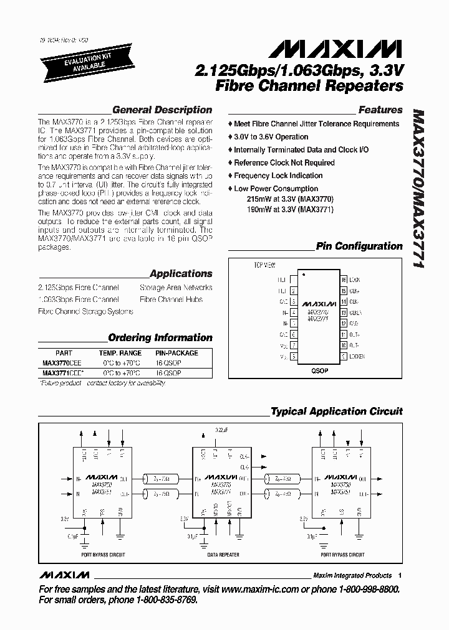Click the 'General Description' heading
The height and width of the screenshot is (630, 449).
[x=162, y=110]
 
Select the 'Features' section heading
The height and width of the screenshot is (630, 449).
[x=380, y=110]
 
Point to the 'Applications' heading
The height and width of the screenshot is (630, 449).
[x=181, y=273]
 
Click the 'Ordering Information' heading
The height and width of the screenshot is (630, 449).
[x=160, y=337]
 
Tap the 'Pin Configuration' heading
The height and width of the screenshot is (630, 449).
[x=359, y=246]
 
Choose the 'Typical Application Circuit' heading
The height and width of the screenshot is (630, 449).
[x=336, y=411]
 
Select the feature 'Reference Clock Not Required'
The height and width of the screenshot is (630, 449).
[x=284, y=162]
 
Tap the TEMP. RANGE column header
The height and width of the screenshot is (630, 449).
[x=120, y=352]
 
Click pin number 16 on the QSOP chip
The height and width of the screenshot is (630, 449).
[x=343, y=280]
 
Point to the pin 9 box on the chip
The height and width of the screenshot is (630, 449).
[x=343, y=356]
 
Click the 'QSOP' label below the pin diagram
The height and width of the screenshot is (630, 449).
[x=319, y=370]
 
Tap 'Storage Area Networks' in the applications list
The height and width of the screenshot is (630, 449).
[x=176, y=288]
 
